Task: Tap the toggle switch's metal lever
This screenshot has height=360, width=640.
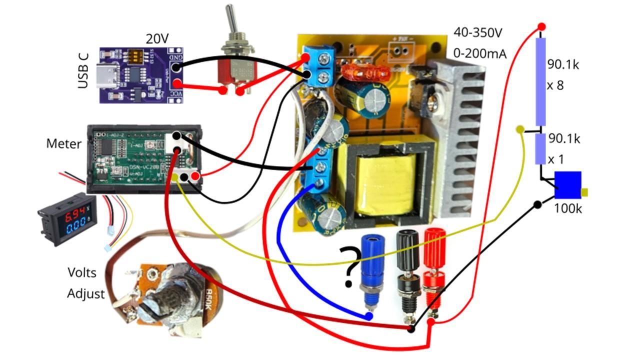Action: click(x=231, y=22)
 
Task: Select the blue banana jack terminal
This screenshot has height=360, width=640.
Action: click(x=373, y=265)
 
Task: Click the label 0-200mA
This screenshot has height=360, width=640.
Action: click(x=480, y=52)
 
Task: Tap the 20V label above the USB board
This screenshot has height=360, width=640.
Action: click(x=158, y=38)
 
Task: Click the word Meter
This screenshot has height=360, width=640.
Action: click(x=63, y=144)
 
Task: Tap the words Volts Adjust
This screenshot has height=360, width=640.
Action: click(x=85, y=283)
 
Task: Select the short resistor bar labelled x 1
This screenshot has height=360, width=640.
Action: click(x=540, y=149)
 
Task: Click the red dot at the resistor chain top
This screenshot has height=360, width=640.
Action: click(x=541, y=26)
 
